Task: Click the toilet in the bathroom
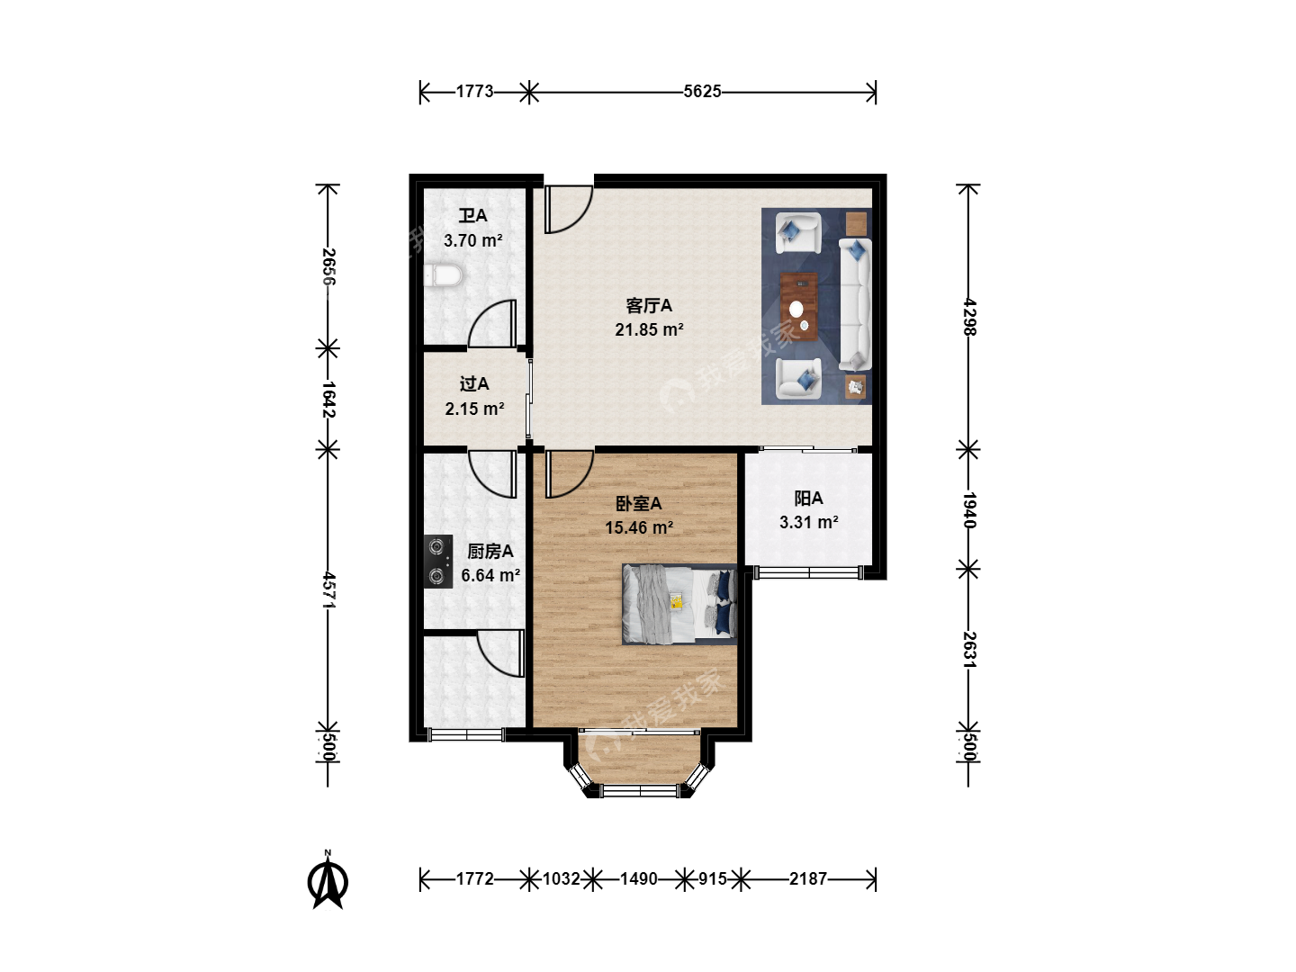click(443, 275)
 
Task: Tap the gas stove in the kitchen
click(438, 562)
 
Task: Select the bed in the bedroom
click(679, 604)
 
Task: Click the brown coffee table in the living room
click(798, 306)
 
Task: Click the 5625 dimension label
click(702, 92)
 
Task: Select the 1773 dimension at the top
click(474, 92)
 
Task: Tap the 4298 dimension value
click(969, 317)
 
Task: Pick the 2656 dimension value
click(328, 266)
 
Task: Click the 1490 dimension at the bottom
click(638, 878)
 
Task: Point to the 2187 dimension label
click(807, 878)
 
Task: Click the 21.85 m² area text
click(649, 329)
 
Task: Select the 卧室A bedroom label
click(638, 503)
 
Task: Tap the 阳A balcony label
click(808, 499)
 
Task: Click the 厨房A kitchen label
click(490, 551)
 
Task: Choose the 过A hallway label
click(474, 383)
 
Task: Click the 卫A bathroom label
click(472, 215)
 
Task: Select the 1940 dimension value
click(969, 510)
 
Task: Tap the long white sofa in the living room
click(855, 304)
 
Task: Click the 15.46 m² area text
click(639, 527)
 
